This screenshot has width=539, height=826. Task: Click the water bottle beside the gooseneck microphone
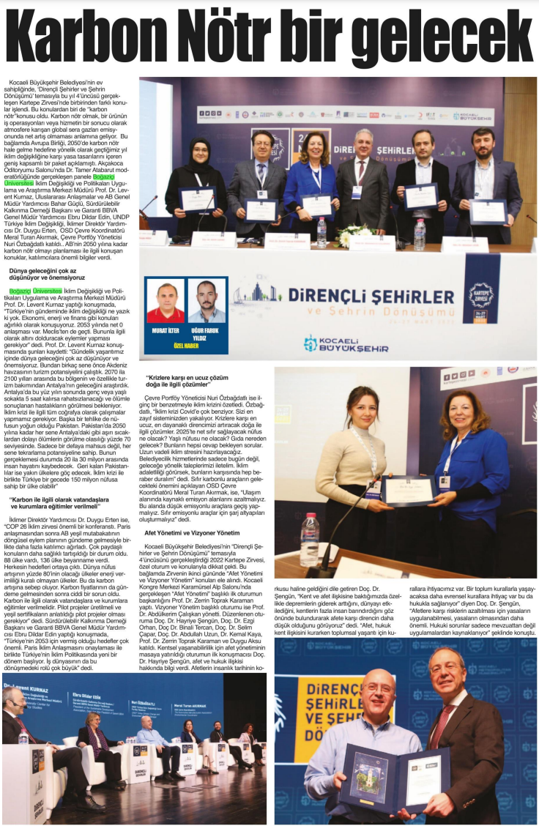click(310, 539)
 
